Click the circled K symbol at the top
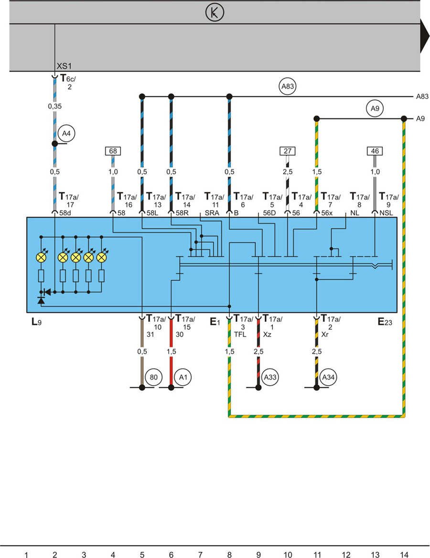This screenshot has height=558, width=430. point(215,13)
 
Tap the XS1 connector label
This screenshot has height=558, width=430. point(64,66)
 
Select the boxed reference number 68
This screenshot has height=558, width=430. point(113,151)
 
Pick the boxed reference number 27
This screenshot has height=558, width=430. point(287,151)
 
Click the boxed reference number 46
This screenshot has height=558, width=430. point(375,151)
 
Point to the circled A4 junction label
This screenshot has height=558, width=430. point(66,134)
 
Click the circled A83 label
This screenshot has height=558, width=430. point(287,87)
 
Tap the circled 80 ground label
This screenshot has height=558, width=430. point(154,377)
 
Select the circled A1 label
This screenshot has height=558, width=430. point(183,377)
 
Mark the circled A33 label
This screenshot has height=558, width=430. point(270,377)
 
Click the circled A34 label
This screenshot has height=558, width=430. point(328,377)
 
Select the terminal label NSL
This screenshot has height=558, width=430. point(386,213)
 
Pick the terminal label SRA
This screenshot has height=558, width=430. point(212,213)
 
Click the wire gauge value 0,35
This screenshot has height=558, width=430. point(55,106)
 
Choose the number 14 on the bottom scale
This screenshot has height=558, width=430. point(404,554)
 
